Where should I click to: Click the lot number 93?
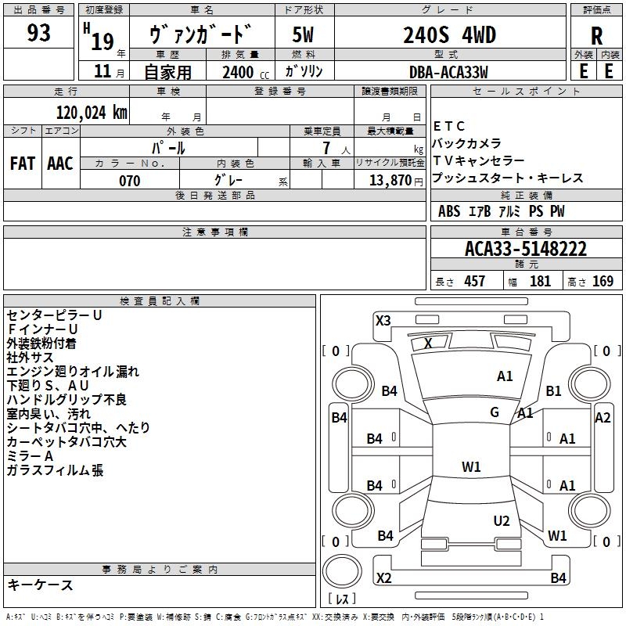coord(38,34)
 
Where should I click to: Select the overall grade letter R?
coord(596,36)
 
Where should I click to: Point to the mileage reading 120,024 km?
coord(92,113)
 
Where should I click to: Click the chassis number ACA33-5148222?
coord(525,250)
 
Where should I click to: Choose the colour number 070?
coord(129,181)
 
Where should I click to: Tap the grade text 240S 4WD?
coord(450,35)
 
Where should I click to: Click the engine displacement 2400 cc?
coord(243,72)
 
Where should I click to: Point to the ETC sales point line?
coord(449,126)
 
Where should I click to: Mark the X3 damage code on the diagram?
coord(383,320)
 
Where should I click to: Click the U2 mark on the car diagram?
coord(502,521)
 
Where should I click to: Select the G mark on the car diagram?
coord(495,412)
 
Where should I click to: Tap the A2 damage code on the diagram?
coord(603,418)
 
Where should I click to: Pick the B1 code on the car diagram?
coord(554,390)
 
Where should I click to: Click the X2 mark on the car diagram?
coord(383,578)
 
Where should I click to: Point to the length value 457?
coord(474,282)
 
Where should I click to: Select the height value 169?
coord(603,282)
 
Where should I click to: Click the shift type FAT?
coord(22,163)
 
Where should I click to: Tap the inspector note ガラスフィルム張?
coord(55,470)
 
